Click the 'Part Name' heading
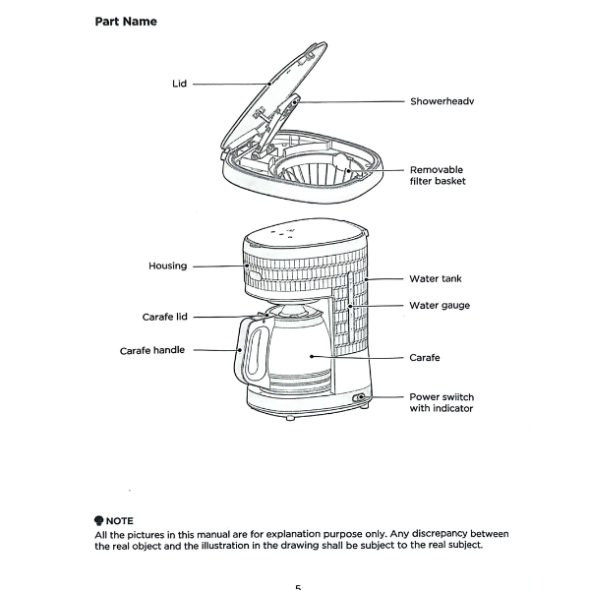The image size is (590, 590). click(x=126, y=22)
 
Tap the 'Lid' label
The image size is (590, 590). click(x=179, y=84)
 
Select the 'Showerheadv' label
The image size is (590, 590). click(x=442, y=101)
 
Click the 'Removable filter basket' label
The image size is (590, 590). click(x=438, y=175)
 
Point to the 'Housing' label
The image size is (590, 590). click(x=167, y=266)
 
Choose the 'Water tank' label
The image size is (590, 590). click(x=436, y=279)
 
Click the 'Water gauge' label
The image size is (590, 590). click(x=440, y=305)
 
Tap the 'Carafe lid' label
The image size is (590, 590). click(x=164, y=317)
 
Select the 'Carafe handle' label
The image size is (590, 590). click(x=152, y=351)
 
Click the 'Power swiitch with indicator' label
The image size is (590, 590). click(x=442, y=402)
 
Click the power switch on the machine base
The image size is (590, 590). click(x=358, y=397)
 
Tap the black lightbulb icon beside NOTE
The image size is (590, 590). click(x=99, y=520)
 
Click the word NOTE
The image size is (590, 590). click(x=119, y=521)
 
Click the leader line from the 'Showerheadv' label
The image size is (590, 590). click(x=349, y=101)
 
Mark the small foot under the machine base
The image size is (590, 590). click(x=290, y=417)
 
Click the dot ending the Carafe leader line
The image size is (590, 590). click(x=311, y=356)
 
